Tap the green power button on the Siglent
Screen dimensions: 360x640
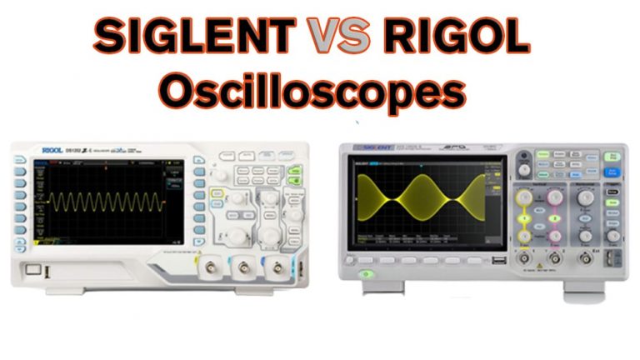pos(364,274)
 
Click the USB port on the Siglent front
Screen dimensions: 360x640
pos(497,262)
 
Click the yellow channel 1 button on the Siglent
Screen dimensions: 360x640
pos(525,219)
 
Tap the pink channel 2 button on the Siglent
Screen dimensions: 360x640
pos(555,219)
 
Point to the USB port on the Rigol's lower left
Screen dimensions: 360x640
pos(31,269)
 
